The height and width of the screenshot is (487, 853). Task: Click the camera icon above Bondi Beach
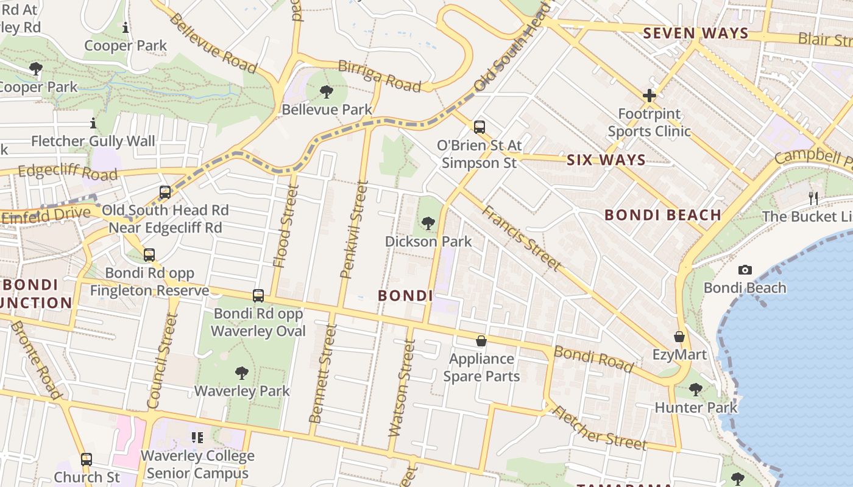tap(745, 270)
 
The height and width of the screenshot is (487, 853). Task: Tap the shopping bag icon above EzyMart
tap(679, 337)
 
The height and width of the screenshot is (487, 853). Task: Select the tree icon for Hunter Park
tap(696, 389)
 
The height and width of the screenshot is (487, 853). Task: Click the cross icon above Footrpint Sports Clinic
tap(649, 96)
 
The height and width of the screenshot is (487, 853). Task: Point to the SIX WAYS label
tap(606, 160)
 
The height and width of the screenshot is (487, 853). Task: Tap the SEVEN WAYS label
tap(696, 33)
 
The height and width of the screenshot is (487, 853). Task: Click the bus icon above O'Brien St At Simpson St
tap(480, 127)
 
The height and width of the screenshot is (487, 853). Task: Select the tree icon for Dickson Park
tap(428, 223)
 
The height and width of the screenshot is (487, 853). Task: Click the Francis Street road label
tap(521, 238)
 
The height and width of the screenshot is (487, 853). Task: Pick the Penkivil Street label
tap(355, 230)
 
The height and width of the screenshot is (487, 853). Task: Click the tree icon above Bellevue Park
tap(327, 92)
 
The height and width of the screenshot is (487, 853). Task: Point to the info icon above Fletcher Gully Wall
tap(93, 124)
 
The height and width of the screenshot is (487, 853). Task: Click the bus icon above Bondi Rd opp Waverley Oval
tap(258, 296)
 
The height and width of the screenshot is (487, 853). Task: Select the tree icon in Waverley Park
tap(242, 373)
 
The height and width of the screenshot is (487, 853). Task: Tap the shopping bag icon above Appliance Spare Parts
tap(481, 341)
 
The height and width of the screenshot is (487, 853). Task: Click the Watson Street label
tap(402, 388)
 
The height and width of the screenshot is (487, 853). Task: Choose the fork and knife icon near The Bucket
tap(813, 197)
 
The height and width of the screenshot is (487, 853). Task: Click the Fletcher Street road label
tap(598, 428)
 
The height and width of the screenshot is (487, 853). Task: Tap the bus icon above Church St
tap(87, 459)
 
